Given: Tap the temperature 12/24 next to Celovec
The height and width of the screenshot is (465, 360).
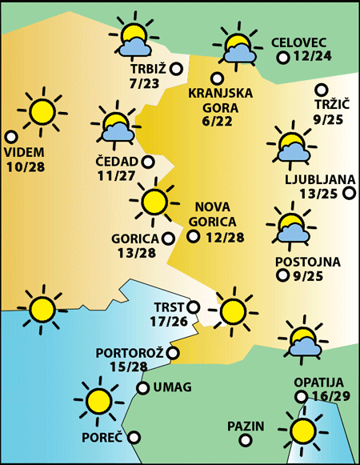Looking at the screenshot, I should (314, 58).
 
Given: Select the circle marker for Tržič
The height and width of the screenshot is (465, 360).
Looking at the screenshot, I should (322, 90).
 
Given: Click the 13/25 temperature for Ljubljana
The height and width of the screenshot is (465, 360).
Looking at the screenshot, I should (318, 193).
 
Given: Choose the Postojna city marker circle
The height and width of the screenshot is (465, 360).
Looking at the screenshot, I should (282, 276).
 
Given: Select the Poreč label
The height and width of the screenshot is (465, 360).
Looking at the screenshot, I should (102, 438).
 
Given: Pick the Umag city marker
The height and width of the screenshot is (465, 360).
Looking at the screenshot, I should (142, 388).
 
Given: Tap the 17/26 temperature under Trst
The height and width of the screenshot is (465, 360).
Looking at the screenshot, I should (168, 322).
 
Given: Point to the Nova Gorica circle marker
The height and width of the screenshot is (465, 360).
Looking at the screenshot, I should (193, 236).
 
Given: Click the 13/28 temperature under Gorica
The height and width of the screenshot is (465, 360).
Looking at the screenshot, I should (136, 253).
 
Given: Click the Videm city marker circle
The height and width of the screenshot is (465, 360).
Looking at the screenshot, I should (10, 137).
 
